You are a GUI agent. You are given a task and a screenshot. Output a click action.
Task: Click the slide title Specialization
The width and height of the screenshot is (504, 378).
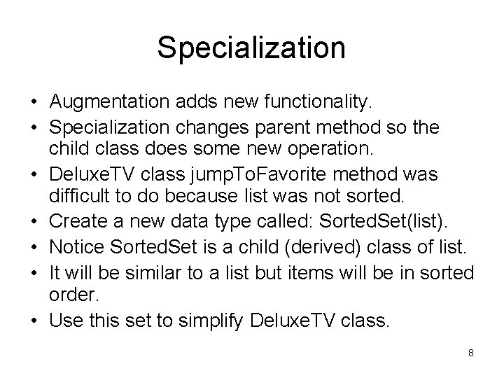pyautogui.click(x=251, y=48)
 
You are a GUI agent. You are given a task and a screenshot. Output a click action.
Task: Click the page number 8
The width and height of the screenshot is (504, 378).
pyautogui.click(x=471, y=353)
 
